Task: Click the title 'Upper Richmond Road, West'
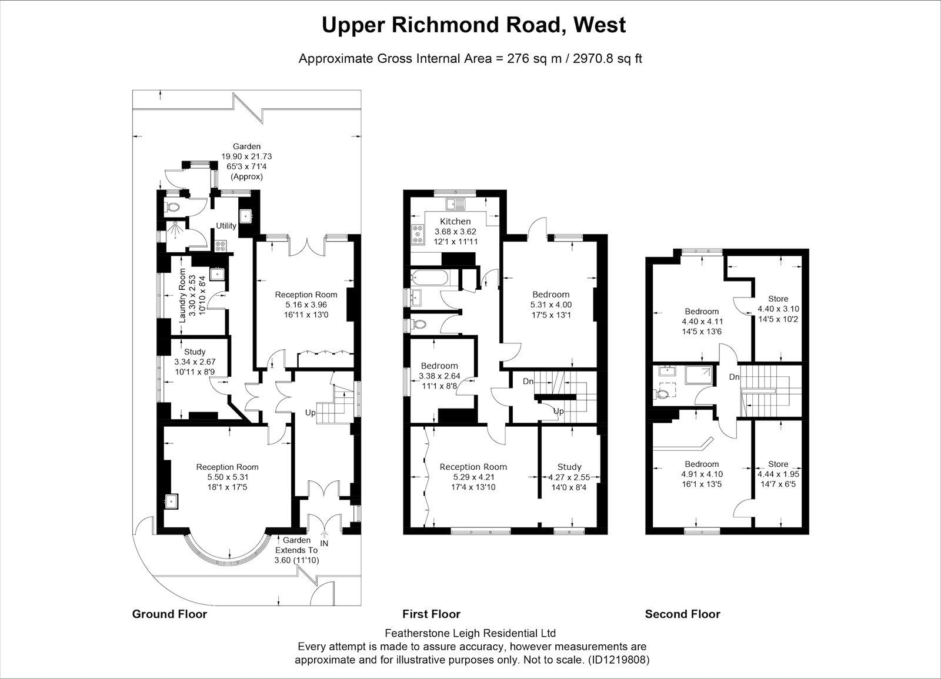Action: click(473, 25)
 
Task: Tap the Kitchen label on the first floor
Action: click(456, 222)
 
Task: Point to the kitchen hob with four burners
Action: click(418, 234)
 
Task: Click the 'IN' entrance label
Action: click(323, 544)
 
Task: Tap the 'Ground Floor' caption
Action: click(169, 614)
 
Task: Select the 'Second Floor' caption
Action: click(682, 614)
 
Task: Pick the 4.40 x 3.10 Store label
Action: click(778, 299)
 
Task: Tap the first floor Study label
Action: click(569, 467)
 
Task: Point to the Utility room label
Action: click(226, 226)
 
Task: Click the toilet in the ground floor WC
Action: click(173, 207)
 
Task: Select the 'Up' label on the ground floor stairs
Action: click(310, 413)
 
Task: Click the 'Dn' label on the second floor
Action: click(735, 377)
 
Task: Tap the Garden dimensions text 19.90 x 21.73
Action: click(246, 157)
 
